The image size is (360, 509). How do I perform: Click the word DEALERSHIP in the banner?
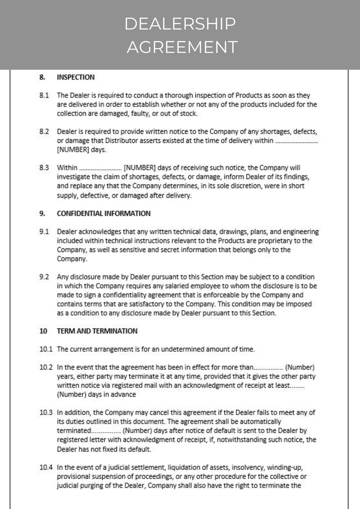pyautogui.click(x=180, y=24)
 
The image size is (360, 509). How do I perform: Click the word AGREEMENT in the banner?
pyautogui.click(x=182, y=47)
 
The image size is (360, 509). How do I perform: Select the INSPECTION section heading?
pyautogui.click(x=75, y=77)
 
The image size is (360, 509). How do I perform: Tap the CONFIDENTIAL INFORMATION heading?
pyautogui.click(x=103, y=213)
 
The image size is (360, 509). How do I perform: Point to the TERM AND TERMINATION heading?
pyautogui.click(x=97, y=331)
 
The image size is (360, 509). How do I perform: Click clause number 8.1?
pyautogui.click(x=44, y=96)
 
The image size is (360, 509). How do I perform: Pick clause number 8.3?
pyautogui.click(x=44, y=168)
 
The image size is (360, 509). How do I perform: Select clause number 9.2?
pyautogui.click(x=44, y=276)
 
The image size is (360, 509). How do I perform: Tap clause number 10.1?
pyautogui.click(x=46, y=349)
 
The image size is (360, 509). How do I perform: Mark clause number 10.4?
pyautogui.click(x=46, y=466)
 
